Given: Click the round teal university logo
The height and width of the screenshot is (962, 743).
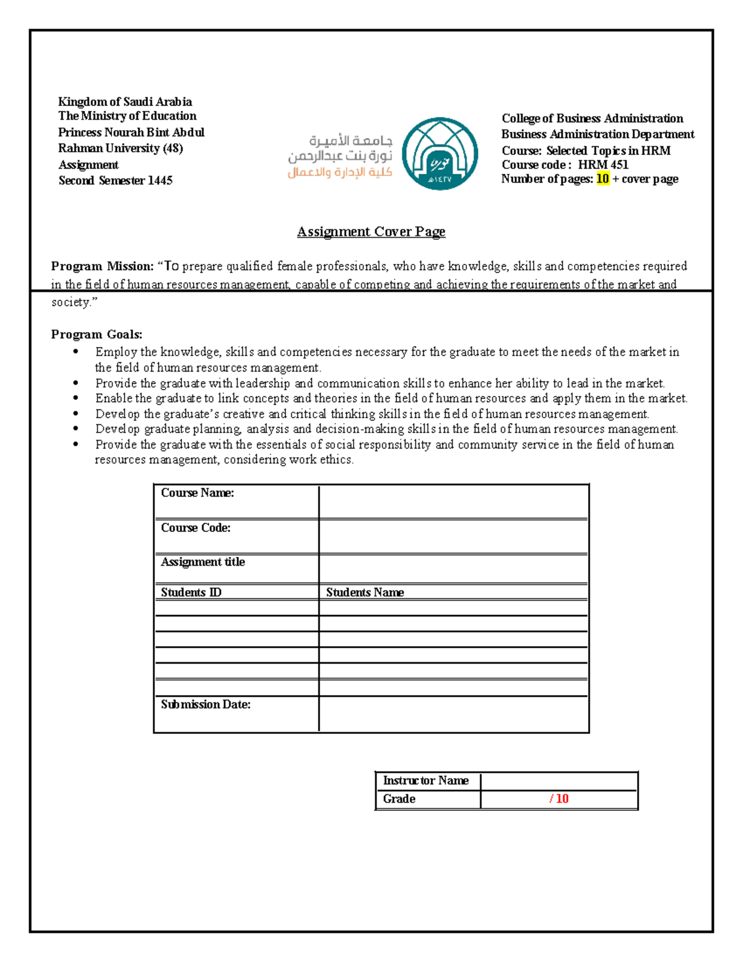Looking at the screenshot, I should (440, 154).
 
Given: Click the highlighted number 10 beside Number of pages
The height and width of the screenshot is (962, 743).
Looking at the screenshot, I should (602, 179).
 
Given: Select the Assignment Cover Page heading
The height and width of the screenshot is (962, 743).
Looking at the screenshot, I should (371, 232).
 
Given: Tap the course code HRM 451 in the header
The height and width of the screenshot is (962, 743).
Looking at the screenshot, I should (603, 165).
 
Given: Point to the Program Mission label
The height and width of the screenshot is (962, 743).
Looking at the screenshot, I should (102, 266).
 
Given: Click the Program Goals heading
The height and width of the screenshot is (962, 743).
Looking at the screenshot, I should (97, 335).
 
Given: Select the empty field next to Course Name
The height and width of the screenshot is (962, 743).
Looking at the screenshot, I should (453, 502).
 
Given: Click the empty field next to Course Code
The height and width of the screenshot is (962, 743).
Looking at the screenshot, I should (453, 536).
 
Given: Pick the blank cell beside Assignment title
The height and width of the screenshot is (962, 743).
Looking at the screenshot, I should (453, 569).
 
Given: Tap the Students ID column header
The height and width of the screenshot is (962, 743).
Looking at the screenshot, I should (191, 592).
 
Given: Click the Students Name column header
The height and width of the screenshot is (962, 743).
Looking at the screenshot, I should (365, 592).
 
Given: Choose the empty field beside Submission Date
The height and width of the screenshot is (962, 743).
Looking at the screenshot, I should (453, 714).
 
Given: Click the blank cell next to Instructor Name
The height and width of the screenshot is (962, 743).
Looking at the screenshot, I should (558, 781).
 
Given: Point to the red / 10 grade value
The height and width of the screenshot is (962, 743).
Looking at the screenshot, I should (558, 799).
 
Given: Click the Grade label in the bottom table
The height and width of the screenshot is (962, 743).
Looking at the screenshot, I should (399, 799).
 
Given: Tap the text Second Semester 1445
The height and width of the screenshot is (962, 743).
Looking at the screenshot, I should (115, 181).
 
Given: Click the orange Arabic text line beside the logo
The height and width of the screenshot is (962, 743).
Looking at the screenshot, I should (339, 172).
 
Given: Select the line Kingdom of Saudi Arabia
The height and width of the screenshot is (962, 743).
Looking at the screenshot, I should (125, 102).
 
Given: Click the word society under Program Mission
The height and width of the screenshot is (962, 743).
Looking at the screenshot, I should (71, 302).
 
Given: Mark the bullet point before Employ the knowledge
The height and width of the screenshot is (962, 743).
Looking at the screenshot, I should (76, 352).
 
